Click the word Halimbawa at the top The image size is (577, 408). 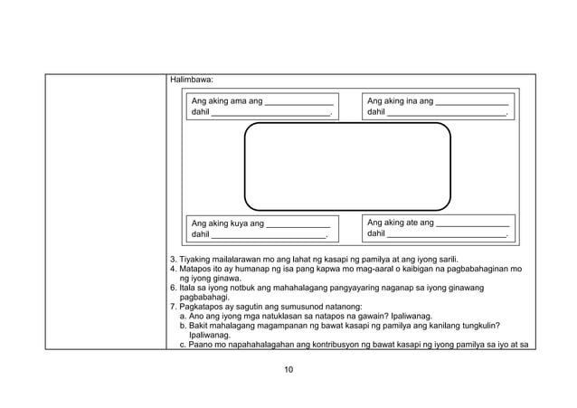[x=191, y=81]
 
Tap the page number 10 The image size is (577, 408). [x=288, y=368]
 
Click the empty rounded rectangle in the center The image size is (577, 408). [x=347, y=166]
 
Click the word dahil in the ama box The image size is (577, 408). [x=200, y=113]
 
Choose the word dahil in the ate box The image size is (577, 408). [x=376, y=233]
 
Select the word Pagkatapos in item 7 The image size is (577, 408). [x=203, y=307]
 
